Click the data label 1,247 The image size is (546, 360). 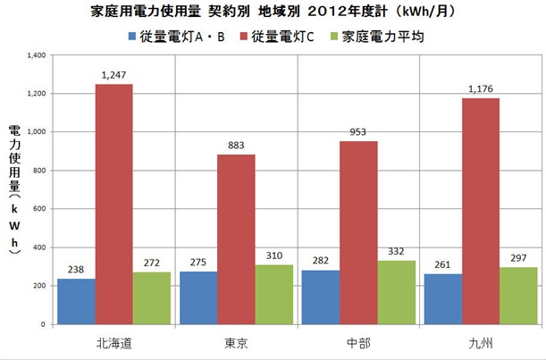(115, 76)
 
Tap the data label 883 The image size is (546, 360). (237, 146)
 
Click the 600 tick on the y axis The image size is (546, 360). (38, 209)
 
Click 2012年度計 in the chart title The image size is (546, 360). (363, 14)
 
